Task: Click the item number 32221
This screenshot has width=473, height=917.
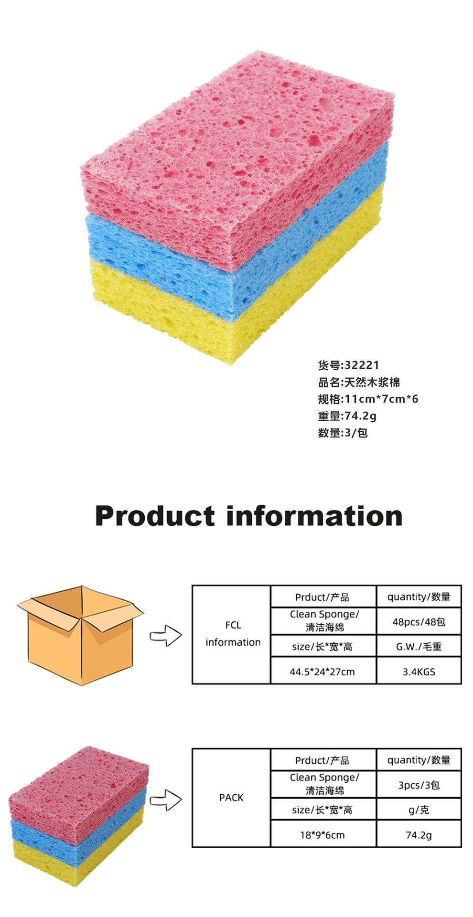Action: coord(362,365)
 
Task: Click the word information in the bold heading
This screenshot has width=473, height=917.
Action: coord(314,516)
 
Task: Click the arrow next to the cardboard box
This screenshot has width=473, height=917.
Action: coord(166,636)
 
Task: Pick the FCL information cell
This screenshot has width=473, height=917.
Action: coord(233,634)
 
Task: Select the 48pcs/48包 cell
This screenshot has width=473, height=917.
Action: coord(419,621)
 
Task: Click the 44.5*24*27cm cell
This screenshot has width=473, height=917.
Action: coord(322,672)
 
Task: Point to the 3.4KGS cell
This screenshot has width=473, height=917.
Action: coord(419,672)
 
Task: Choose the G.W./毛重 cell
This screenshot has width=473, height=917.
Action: coord(419,647)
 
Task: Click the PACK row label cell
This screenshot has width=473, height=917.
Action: coord(231,798)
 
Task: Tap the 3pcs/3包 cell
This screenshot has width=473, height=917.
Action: coord(419,785)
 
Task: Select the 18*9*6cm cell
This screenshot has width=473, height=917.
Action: coord(322,835)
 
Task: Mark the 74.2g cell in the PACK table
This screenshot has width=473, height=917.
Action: coord(419,835)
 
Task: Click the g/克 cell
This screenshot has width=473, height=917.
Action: coord(419,810)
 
